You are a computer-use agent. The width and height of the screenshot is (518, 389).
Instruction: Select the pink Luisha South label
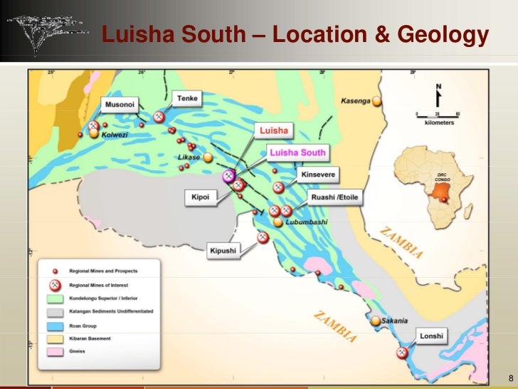(x=297, y=152)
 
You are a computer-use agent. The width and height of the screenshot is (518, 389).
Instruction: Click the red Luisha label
(x=273, y=131)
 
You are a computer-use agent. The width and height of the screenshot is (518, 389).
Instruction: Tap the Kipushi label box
(x=223, y=250)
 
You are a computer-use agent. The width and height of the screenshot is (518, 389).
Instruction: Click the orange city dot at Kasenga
(x=377, y=101)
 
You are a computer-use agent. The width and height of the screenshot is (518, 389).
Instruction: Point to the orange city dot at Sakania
(x=375, y=321)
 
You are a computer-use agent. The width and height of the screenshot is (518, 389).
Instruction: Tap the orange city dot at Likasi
(x=208, y=157)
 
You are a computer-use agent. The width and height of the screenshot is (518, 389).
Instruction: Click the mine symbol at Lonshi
(x=403, y=352)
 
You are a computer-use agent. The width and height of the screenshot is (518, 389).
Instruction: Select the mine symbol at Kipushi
(x=263, y=237)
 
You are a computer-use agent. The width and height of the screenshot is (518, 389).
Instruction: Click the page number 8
(x=509, y=377)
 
